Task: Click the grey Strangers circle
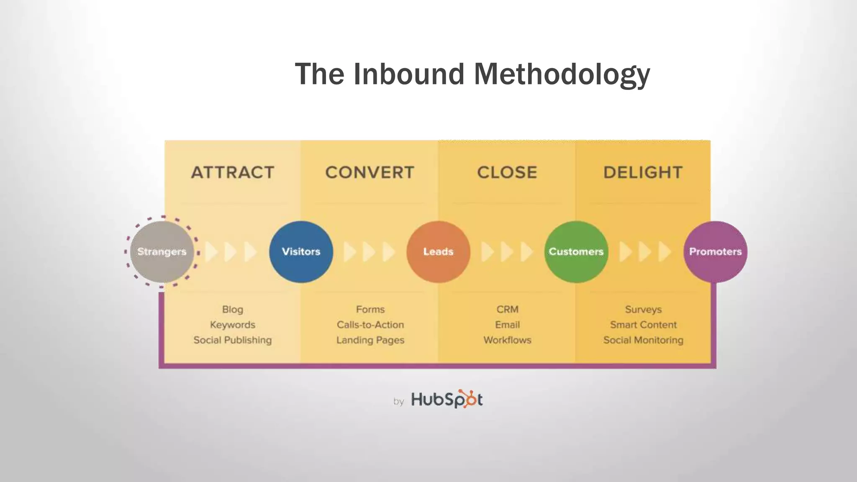tap(162, 251)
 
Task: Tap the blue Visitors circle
tap(301, 251)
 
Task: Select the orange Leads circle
tap(438, 251)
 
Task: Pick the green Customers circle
tap(576, 251)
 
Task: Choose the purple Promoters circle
tap(715, 251)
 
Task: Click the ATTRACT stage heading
tap(233, 172)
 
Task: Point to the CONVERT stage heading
tap(370, 172)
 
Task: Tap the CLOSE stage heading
tap(507, 172)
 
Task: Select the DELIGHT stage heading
tap(643, 172)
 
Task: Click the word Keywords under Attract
tap(233, 325)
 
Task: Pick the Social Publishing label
tap(233, 340)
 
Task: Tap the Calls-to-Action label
tap(370, 325)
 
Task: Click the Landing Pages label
tap(370, 340)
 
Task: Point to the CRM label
tap(508, 310)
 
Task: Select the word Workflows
tap(508, 340)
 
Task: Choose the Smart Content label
tap(643, 325)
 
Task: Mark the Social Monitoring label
tap(643, 340)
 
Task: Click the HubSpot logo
tap(446, 399)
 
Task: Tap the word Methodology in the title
tap(562, 74)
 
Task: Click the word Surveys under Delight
tap(643, 310)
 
